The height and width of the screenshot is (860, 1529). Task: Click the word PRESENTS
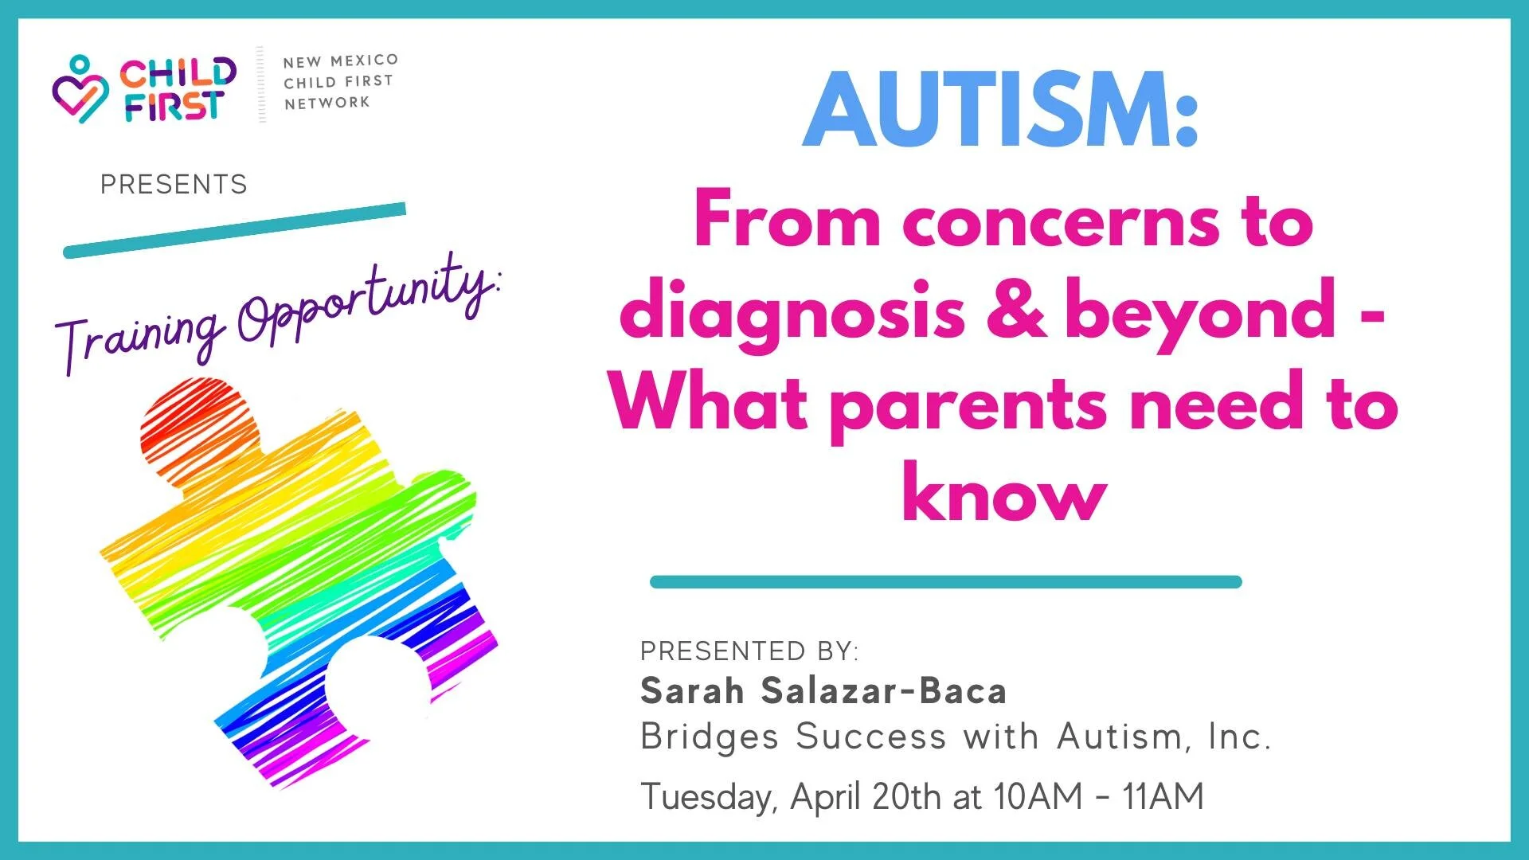(x=174, y=185)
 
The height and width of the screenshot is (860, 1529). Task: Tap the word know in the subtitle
(x=1003, y=491)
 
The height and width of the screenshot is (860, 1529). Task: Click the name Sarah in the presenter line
(x=692, y=690)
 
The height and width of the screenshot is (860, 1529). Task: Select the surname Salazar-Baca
(x=884, y=690)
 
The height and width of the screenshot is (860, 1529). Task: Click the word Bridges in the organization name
(x=710, y=737)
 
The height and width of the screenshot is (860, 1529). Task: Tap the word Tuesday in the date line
(x=708, y=797)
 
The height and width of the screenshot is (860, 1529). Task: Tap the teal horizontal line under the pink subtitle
(x=945, y=582)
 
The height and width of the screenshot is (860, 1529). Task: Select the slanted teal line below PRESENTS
(x=235, y=231)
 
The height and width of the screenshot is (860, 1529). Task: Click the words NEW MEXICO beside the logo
(x=341, y=61)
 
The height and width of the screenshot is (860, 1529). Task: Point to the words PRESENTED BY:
(x=749, y=651)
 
